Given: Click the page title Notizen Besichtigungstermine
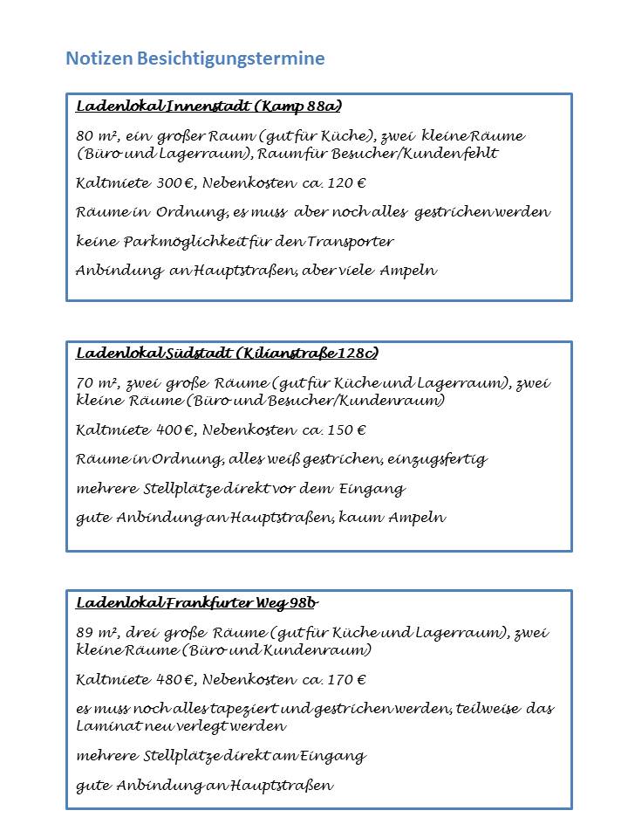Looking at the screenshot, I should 195,58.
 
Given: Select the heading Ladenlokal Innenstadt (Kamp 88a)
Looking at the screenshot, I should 208,107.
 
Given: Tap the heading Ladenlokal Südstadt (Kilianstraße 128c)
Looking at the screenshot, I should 227,354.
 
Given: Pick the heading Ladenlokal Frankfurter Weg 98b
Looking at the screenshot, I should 196,603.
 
